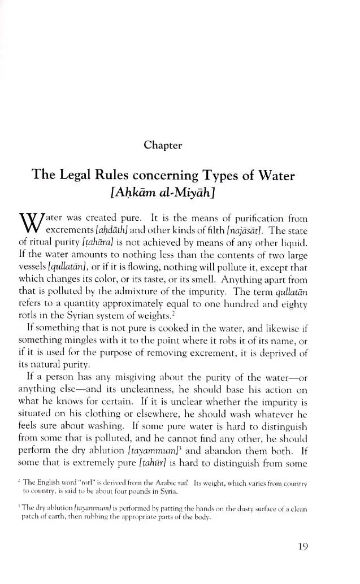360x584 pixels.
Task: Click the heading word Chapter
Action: coord(163,145)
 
